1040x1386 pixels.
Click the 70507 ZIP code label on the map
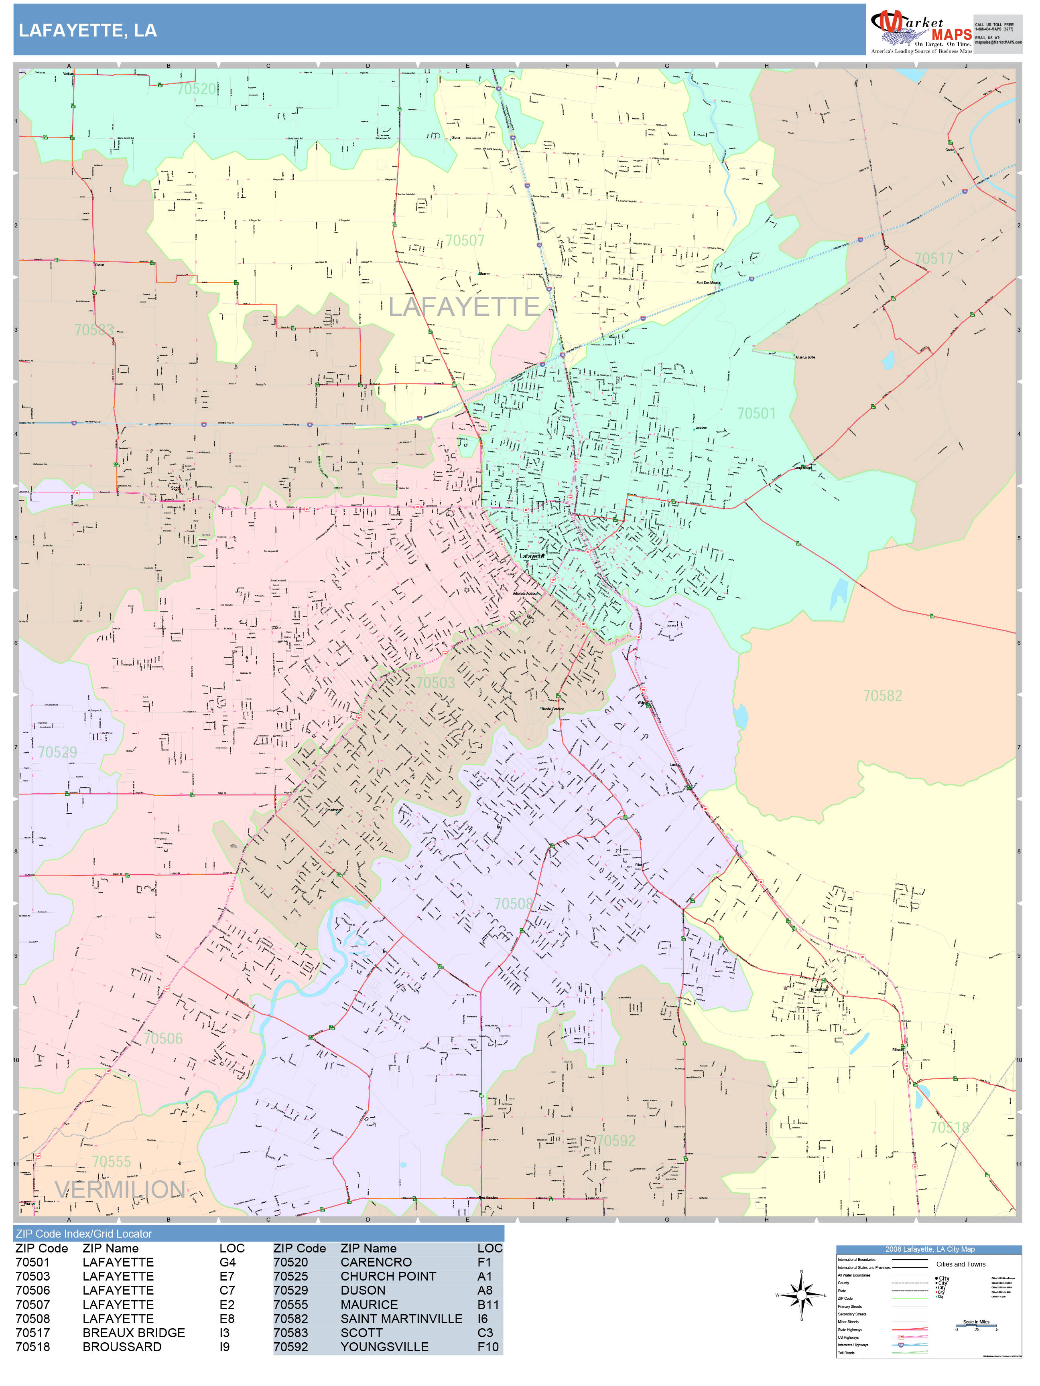point(465,241)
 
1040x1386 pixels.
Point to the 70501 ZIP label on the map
point(756,413)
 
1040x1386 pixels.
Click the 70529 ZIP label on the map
point(57,752)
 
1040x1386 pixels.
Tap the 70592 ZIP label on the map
point(615,1141)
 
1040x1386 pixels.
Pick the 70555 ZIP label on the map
point(112,1162)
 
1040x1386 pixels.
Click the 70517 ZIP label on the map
point(933,259)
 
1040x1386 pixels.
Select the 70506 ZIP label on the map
point(163,1039)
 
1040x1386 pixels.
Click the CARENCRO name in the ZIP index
point(376,1262)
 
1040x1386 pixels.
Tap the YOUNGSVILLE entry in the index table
point(384,1347)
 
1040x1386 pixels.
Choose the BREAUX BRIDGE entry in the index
point(134,1333)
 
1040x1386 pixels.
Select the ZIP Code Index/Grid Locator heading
point(84,1234)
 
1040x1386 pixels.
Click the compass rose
point(801,1295)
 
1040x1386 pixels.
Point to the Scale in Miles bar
point(976,1326)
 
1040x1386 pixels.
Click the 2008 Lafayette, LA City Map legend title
point(929,1249)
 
